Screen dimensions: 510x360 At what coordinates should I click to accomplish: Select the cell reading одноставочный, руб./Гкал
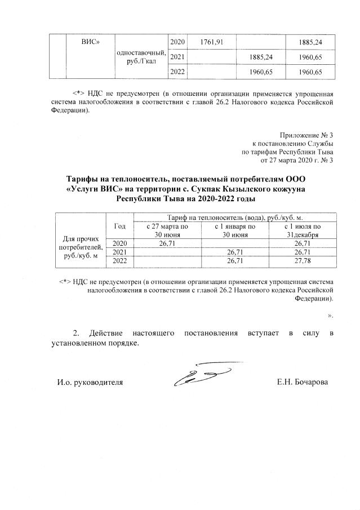[x=140, y=57]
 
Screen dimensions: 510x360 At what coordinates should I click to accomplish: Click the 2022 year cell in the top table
[x=177, y=72]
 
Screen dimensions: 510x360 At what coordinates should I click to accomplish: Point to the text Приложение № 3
[x=306, y=135]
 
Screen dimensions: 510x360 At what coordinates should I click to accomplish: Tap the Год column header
[x=119, y=226]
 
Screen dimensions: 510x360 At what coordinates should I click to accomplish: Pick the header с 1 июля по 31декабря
[x=302, y=230]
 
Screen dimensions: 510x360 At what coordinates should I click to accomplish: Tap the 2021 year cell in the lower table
[x=119, y=252]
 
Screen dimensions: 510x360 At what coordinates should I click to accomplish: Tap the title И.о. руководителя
[x=90, y=382]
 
